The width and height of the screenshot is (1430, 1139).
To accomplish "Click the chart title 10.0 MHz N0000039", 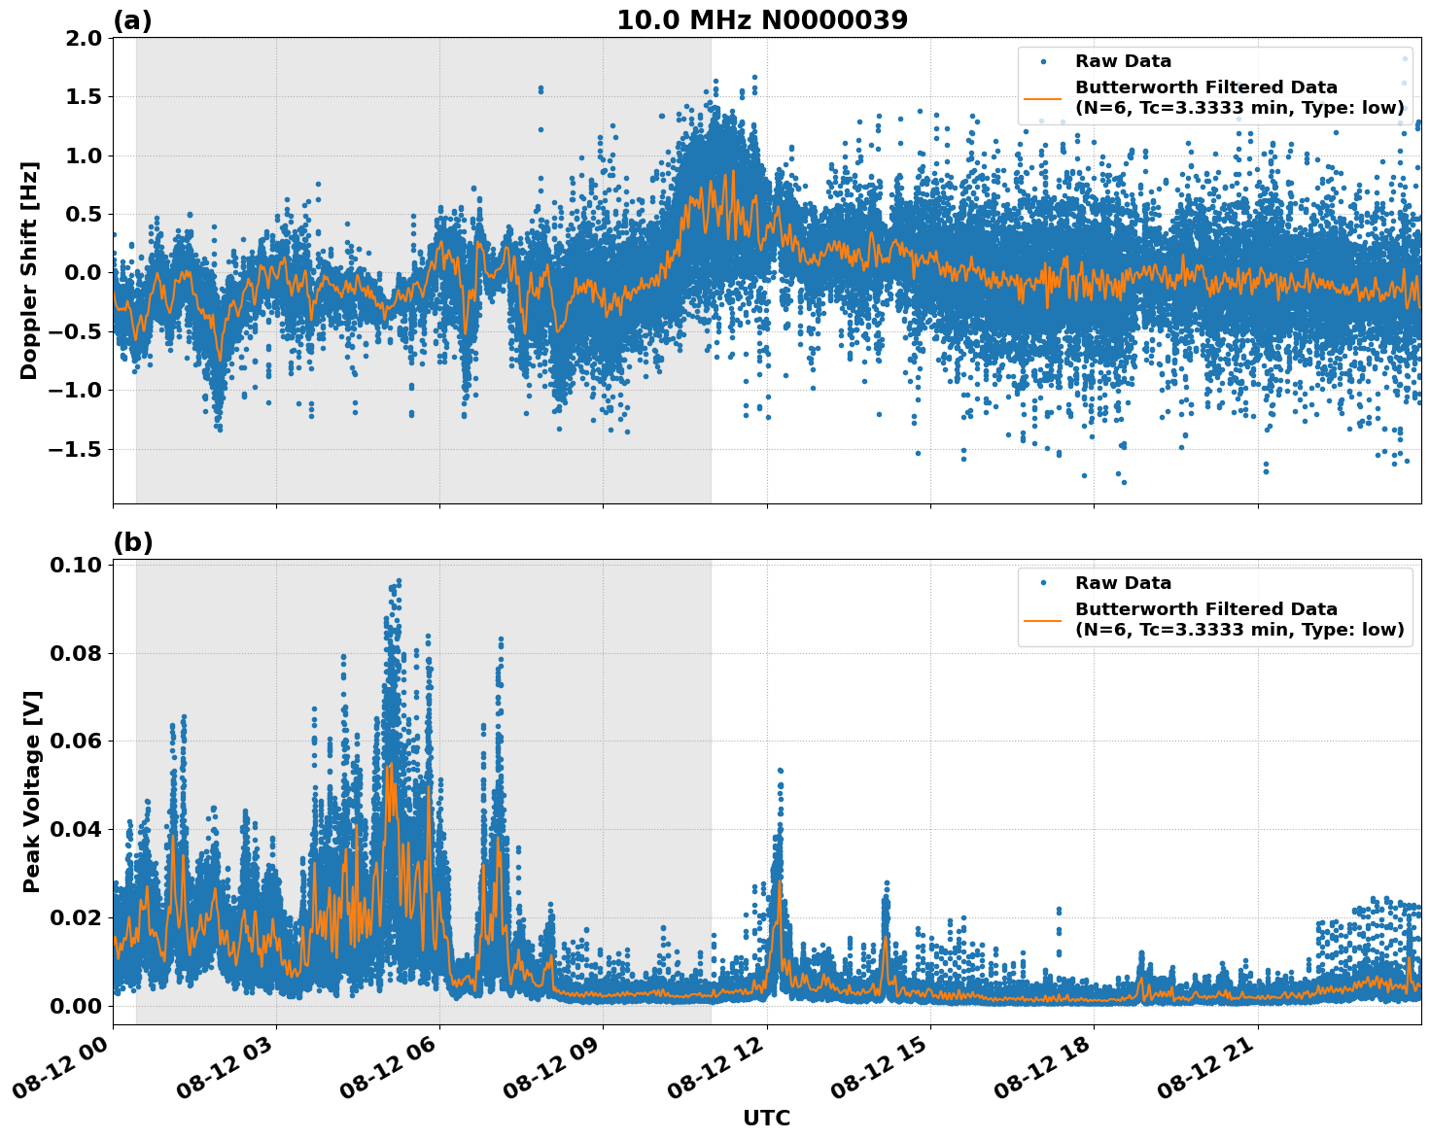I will (x=762, y=20).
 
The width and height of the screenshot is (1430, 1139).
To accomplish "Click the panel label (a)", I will (x=132, y=20).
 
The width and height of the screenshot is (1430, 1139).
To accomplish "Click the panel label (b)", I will (x=132, y=542).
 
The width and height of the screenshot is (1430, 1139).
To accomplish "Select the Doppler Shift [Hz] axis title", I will (x=29, y=270).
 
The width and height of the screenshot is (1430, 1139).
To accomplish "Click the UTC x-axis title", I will (x=766, y=1118).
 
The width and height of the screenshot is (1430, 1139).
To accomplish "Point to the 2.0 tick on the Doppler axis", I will (x=82, y=38).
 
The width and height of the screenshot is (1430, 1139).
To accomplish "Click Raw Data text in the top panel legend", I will (x=1123, y=61).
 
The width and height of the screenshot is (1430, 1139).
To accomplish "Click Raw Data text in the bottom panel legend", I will (x=1123, y=583).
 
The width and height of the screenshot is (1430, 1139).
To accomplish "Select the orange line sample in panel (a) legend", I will (x=1043, y=98).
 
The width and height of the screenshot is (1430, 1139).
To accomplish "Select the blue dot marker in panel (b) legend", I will (x=1043, y=583).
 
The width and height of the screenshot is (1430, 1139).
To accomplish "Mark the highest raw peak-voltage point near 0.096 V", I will (x=399, y=581).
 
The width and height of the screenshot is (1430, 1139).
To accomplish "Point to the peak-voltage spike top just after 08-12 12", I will (x=780, y=770).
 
